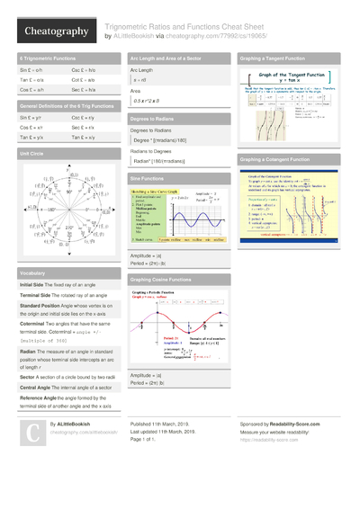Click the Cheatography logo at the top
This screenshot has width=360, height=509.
(49, 31)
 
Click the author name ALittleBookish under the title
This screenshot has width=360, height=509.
(135, 37)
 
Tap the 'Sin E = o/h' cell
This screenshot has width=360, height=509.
(32, 69)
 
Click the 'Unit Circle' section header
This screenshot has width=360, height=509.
(31, 154)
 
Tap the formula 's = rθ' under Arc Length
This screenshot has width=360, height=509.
(139, 79)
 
